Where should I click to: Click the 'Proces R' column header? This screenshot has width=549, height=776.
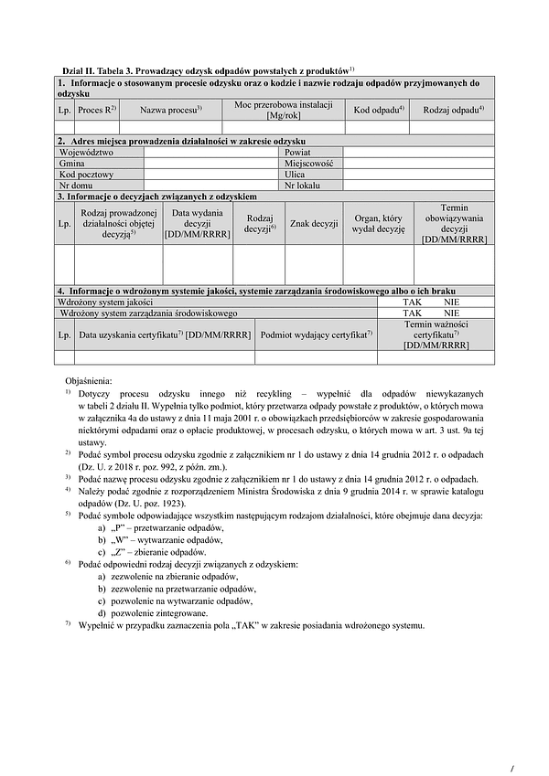pyautogui.click(x=96, y=110)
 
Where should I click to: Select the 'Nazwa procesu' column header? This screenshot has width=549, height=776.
pyautogui.click(x=170, y=110)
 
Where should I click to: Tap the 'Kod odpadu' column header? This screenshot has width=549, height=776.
pyautogui.click(x=379, y=110)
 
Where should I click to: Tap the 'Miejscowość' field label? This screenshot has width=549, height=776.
pyautogui.click(x=309, y=163)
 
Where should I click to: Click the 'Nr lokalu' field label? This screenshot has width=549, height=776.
pyautogui.click(x=303, y=185)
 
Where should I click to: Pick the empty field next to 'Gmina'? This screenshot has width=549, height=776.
pyautogui.click(x=211, y=163)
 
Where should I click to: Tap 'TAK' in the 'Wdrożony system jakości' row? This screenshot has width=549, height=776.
pyautogui.click(x=414, y=302)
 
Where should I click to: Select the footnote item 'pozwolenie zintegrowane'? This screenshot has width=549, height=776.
pyautogui.click(x=158, y=613)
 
